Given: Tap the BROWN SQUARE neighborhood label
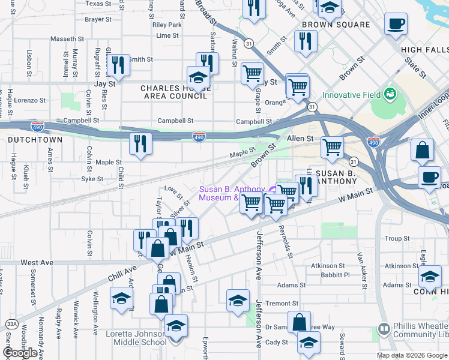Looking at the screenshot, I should (336, 25).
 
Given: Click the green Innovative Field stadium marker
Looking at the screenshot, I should (390, 94).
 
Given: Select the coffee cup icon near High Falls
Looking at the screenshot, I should (396, 25).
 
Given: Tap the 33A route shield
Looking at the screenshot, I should (11, 324).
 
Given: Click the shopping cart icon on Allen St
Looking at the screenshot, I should (332, 146).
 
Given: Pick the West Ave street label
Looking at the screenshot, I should (37, 263).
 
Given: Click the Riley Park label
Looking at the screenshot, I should (167, 25).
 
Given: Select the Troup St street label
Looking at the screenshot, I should (397, 239).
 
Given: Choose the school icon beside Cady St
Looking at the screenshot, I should (309, 342).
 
